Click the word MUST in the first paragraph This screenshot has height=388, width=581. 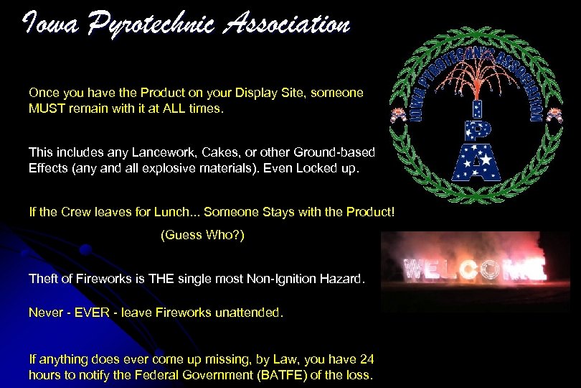point(47,110)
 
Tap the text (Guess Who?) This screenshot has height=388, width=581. point(202,235)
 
